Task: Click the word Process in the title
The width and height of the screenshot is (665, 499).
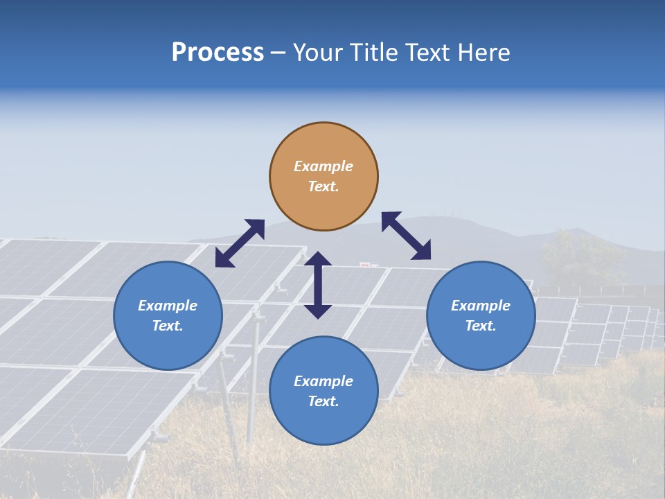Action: tap(218, 53)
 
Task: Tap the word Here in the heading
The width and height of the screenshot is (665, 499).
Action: tap(483, 53)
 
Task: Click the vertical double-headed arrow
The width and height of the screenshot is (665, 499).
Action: tap(318, 286)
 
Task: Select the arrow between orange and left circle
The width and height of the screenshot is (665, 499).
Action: tap(240, 243)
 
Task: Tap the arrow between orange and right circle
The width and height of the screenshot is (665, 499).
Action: tap(407, 236)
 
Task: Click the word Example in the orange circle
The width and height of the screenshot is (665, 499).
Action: tap(323, 166)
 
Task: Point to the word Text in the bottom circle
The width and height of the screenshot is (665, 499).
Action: tap(323, 401)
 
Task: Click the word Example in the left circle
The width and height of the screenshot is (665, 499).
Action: tap(168, 306)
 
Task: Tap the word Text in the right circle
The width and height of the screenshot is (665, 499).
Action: tap(481, 326)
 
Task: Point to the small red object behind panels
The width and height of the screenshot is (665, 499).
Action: tap(365, 264)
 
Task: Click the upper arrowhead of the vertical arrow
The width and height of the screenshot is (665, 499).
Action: tap(318, 259)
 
